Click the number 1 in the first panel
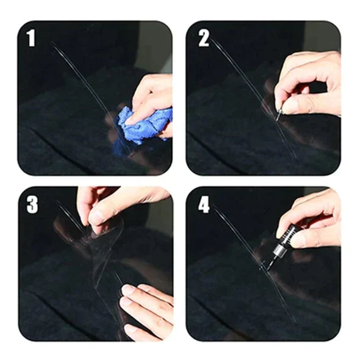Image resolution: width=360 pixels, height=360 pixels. tap(31, 38)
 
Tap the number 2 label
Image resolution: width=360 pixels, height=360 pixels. tap(204, 38)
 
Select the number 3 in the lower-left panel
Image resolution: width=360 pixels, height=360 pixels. tap(32, 205)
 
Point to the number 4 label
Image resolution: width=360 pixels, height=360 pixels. tap(204, 205)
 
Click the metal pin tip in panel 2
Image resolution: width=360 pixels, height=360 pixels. tap(278, 116)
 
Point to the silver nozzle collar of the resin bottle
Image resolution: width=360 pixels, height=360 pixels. tap(279, 250)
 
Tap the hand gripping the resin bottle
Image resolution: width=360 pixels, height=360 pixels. tap(312, 220)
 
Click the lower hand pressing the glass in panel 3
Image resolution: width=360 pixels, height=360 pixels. tap(145, 308)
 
